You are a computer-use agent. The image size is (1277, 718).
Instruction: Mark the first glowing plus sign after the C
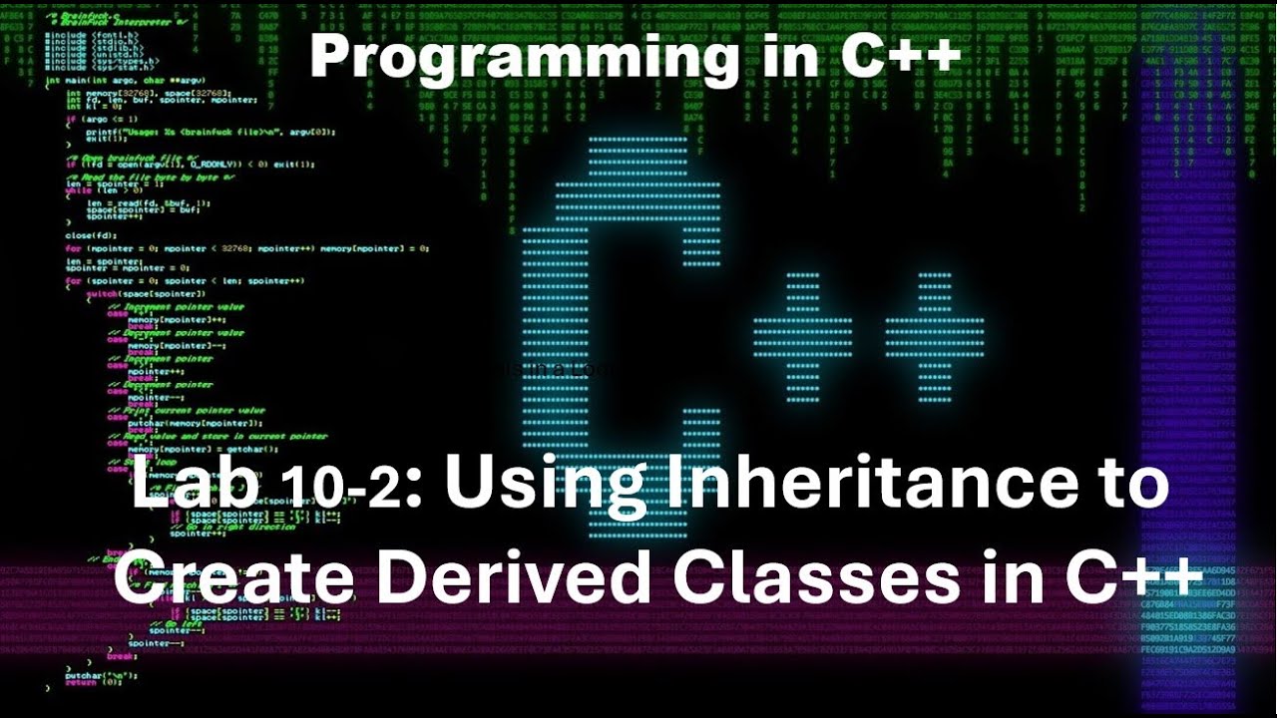click(x=802, y=336)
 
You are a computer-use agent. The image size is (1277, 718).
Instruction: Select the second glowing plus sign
click(x=935, y=336)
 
